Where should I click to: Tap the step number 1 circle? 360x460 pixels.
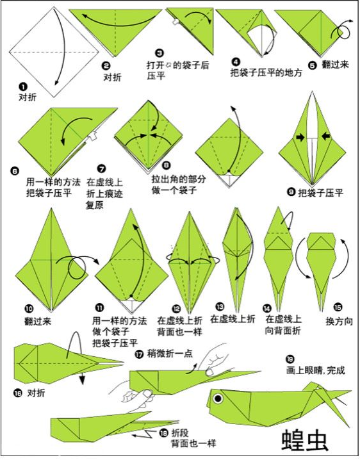(x=23, y=86)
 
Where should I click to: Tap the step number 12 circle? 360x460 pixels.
(x=161, y=308)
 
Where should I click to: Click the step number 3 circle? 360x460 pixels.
(x=160, y=53)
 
